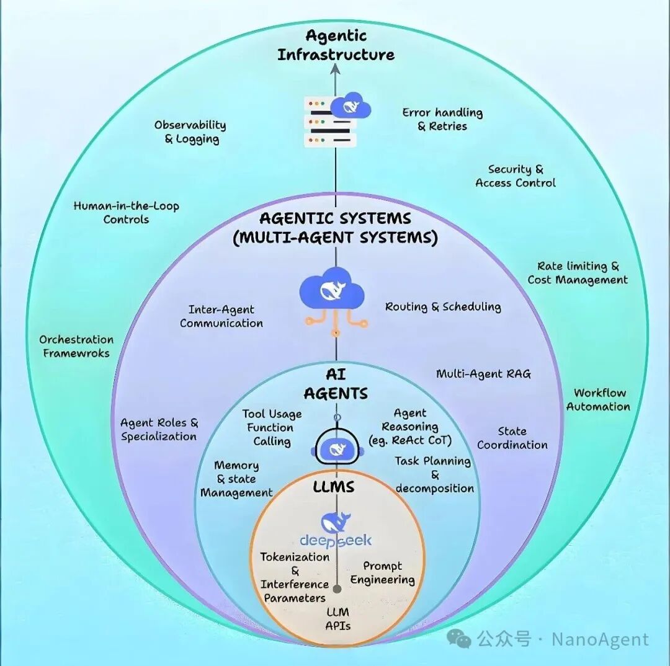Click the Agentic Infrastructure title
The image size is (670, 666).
coord(336,45)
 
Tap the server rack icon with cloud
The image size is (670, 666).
coord(335,121)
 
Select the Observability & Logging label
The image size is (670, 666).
coord(190,132)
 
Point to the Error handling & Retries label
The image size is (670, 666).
coord(442,119)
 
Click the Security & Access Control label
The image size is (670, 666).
coord(516,176)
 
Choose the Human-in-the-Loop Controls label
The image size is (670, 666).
coord(126,213)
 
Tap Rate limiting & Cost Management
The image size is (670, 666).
coord(578,273)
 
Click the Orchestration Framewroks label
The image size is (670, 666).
coord(76,347)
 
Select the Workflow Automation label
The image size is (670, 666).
coord(599,400)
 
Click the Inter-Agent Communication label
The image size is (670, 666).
coord(221,316)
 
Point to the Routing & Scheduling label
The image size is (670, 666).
coord(443,307)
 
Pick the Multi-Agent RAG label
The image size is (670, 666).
coord(483,374)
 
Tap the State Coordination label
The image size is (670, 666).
coord(512,438)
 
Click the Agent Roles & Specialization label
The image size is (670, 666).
coord(159,430)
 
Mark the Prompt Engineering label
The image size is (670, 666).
coord(382,573)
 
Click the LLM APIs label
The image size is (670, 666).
coord(338,619)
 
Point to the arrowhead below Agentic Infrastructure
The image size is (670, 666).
coord(336,69)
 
